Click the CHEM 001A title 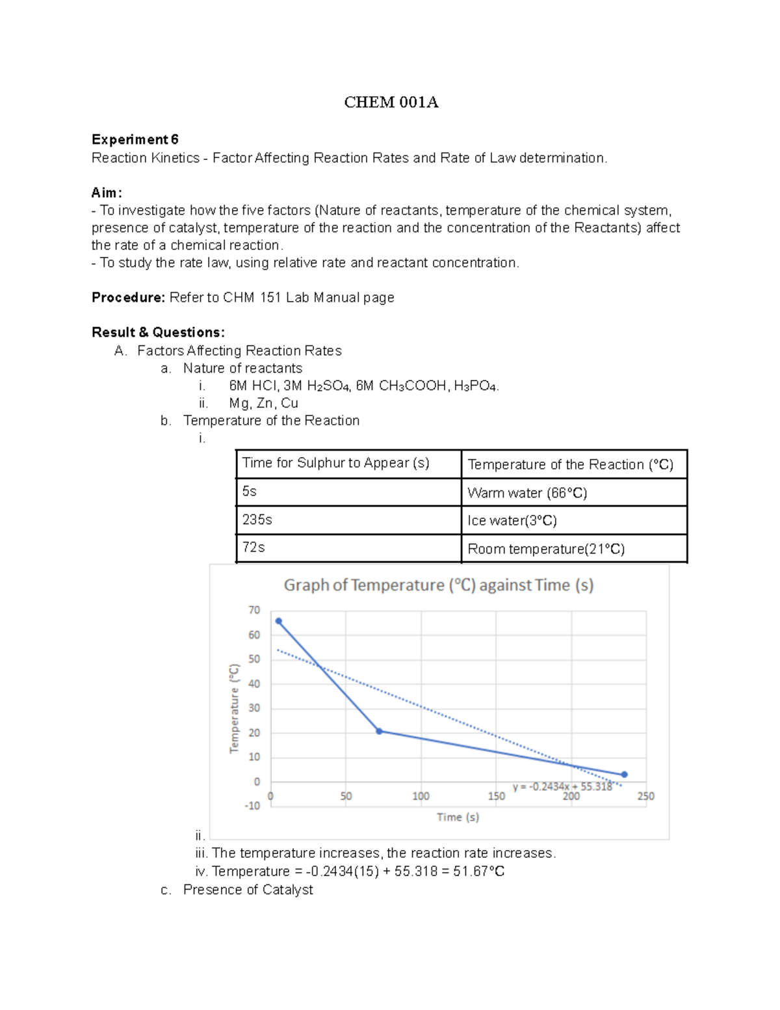391,102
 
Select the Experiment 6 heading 135,139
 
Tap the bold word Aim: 107,193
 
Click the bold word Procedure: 129,297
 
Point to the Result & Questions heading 158,332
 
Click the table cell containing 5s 348,492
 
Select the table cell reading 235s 348,520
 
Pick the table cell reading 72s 348,548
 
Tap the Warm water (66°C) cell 573,493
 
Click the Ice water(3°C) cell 573,520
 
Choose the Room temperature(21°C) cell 573,549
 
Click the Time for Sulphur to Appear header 348,463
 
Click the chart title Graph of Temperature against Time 439,585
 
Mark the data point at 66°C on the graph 279,621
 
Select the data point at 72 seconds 380,731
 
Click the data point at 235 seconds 624,775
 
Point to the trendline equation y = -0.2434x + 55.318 562,787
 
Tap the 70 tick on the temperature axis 254,610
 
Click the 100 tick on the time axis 421,796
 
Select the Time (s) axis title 458,817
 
